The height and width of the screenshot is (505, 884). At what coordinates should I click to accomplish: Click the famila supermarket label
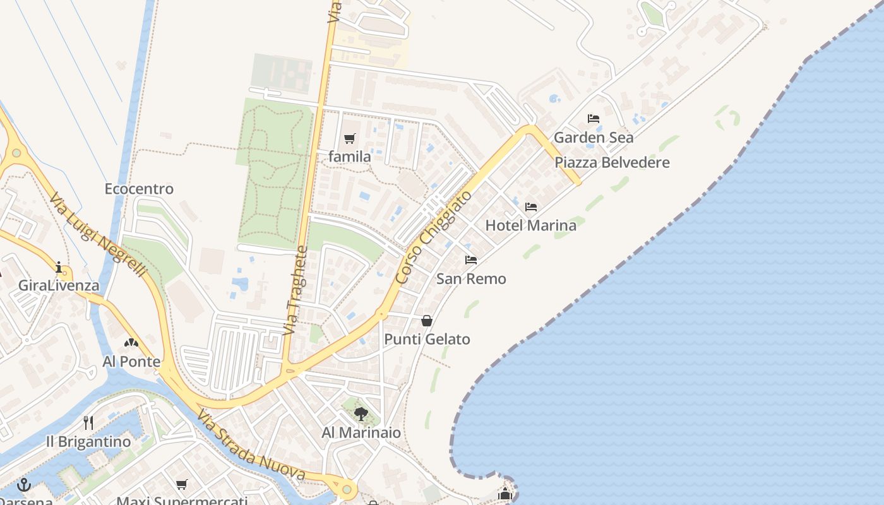click(350, 156)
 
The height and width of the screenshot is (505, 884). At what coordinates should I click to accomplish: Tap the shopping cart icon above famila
click(350, 138)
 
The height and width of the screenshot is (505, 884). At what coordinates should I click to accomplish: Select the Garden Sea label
click(594, 137)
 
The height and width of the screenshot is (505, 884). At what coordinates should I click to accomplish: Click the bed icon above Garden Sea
click(594, 119)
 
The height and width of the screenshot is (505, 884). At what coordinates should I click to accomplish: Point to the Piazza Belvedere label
click(612, 162)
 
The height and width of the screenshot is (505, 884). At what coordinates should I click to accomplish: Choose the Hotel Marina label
click(530, 225)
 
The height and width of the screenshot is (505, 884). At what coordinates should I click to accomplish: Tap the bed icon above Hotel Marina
click(530, 207)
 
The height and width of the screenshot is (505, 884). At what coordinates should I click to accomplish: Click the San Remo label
click(471, 278)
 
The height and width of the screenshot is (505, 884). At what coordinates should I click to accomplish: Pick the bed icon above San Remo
click(471, 260)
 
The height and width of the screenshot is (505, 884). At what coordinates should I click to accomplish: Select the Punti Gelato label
click(427, 339)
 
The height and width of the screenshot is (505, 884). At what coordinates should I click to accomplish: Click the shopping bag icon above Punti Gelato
click(427, 321)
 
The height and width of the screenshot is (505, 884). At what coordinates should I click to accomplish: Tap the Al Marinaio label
click(361, 432)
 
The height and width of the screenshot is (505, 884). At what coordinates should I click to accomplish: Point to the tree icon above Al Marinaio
click(361, 414)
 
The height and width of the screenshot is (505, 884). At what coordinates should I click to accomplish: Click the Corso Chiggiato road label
click(434, 237)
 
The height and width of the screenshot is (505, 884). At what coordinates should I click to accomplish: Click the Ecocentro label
click(139, 189)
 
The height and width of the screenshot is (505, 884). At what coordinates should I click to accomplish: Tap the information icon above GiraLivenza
click(59, 267)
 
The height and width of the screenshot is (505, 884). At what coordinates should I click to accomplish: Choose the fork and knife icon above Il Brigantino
click(88, 423)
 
